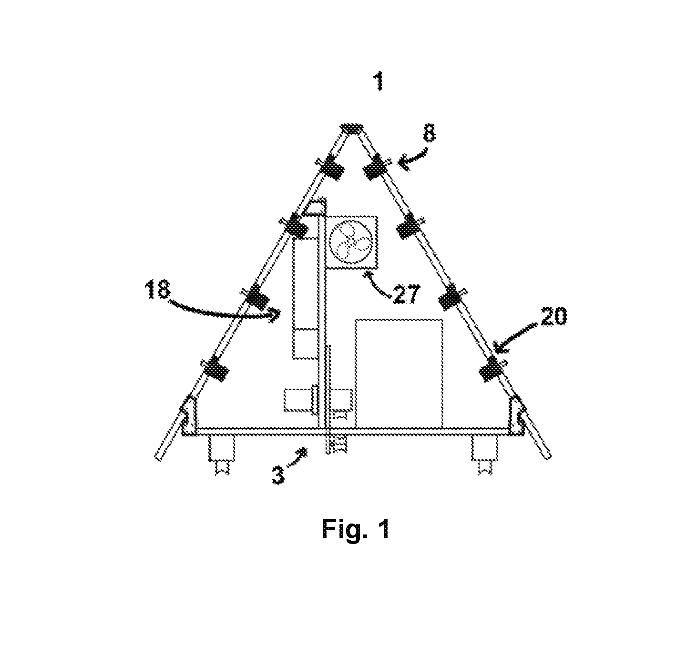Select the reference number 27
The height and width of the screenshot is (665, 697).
406,294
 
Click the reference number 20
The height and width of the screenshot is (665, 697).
553,316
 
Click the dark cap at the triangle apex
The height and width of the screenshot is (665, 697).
352,129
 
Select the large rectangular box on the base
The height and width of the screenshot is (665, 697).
399,373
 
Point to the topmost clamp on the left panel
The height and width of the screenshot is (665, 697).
332,168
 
